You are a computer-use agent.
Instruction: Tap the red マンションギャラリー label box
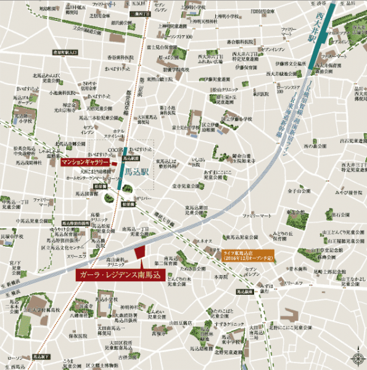(x=86, y=162)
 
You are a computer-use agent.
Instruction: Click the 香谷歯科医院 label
(x=112, y=57)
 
